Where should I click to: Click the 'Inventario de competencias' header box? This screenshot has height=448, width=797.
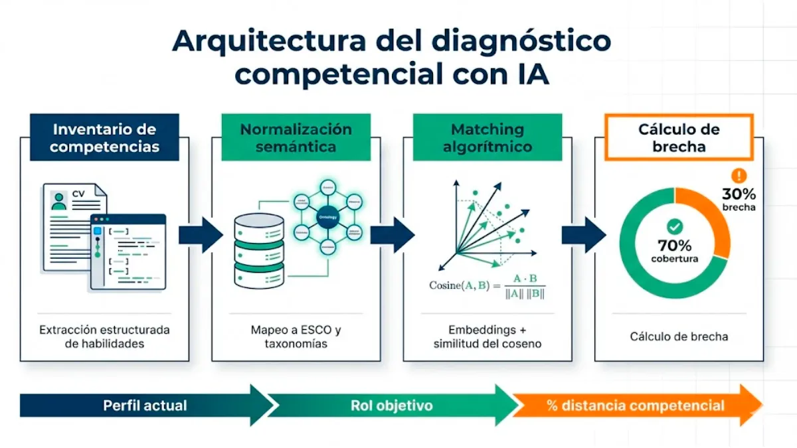point(104,137)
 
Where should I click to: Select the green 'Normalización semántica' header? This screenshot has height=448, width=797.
point(296,137)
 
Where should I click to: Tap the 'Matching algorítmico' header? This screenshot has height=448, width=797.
point(487,137)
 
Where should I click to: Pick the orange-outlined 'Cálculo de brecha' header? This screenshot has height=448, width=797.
point(679,137)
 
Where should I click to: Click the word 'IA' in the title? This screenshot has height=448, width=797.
point(531,74)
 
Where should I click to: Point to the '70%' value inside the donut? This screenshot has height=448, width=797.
point(675,246)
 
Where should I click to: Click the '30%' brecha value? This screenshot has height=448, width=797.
point(739,194)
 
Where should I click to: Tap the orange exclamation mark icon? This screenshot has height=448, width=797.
point(738,175)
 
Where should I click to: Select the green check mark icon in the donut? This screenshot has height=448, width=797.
point(675,227)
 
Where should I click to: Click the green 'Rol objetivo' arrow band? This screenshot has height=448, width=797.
point(392,405)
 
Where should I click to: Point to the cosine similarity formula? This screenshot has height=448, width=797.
point(487,285)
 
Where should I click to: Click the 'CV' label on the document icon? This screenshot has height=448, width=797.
point(78,194)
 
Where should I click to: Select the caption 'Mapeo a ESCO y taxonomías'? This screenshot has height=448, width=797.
point(296,336)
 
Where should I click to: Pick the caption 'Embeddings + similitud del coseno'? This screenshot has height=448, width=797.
point(487,336)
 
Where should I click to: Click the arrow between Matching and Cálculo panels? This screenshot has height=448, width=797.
point(582,235)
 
